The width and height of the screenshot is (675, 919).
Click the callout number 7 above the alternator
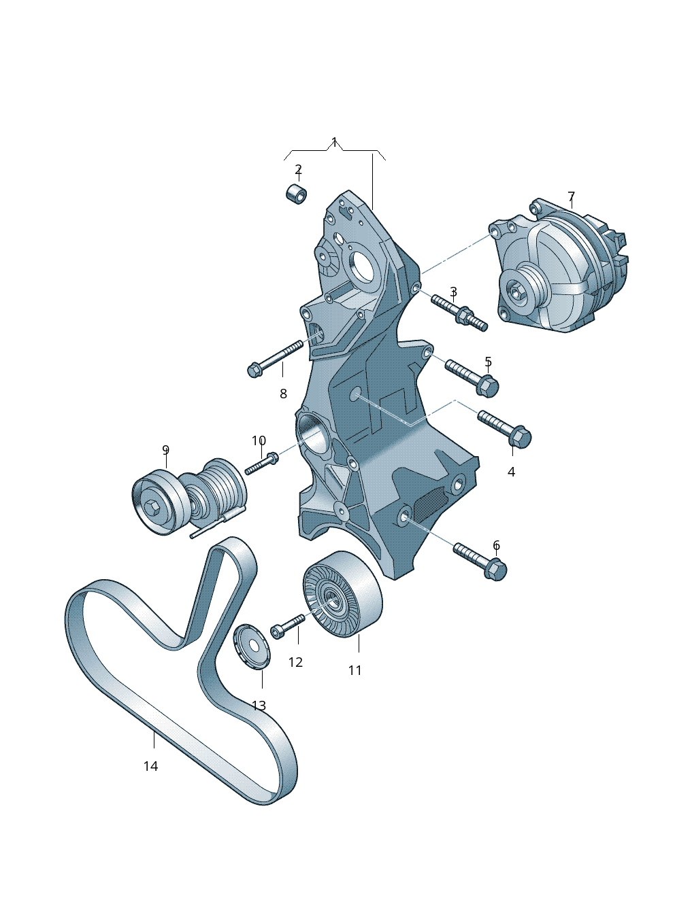[571, 196]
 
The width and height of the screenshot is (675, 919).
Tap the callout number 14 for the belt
[150, 766]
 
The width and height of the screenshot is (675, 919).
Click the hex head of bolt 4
[520, 436]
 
